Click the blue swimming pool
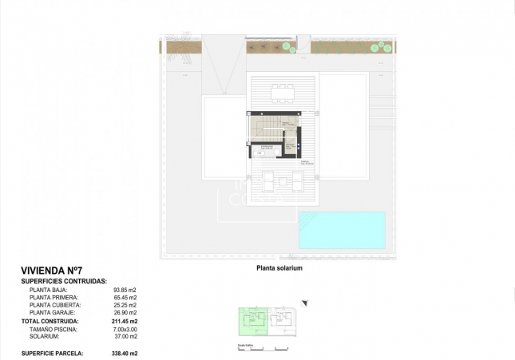click(x=342, y=230)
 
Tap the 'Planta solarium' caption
click(x=278, y=269)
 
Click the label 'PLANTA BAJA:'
click(x=50, y=290)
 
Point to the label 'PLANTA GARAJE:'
click(x=53, y=313)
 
